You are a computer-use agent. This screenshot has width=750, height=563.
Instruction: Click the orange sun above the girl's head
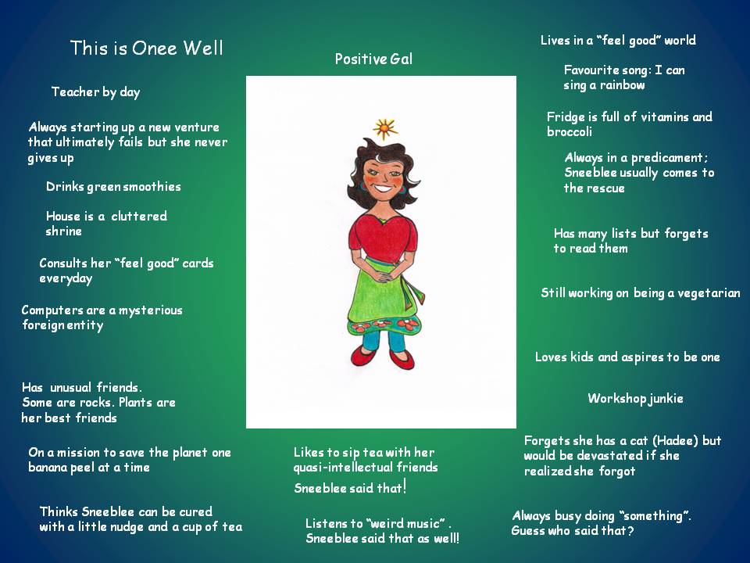385,129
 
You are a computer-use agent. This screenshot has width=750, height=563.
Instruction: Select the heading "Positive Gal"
373,59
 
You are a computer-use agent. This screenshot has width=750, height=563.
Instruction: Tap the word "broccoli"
570,131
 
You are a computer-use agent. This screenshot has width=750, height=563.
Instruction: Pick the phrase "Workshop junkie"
635,398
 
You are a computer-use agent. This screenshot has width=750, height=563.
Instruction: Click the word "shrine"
63,231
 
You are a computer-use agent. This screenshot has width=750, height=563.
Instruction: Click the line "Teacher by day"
95,92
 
